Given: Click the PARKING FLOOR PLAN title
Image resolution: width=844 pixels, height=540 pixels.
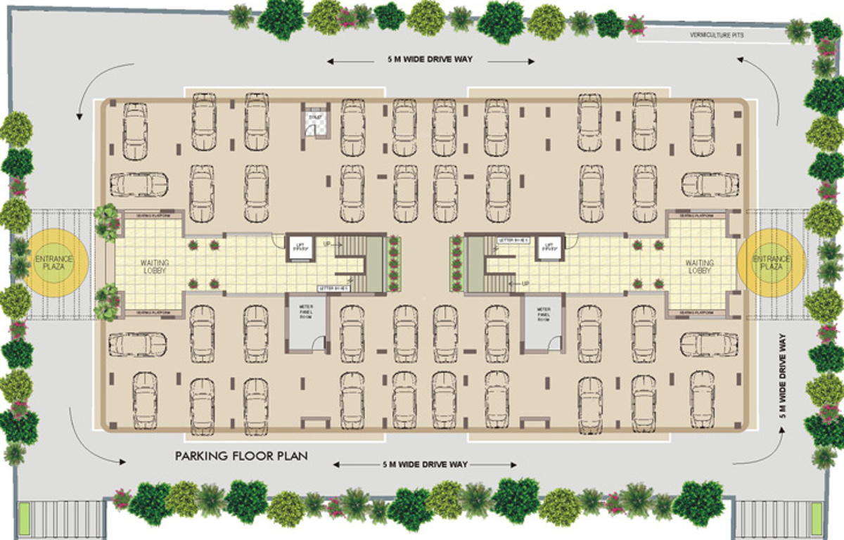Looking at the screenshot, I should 241,456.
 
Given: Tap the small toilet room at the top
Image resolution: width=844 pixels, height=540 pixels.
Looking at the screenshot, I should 311,122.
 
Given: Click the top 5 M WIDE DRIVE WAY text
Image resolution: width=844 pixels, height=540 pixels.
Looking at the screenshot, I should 429,60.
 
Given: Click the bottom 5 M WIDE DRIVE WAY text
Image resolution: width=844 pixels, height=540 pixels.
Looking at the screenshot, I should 426,465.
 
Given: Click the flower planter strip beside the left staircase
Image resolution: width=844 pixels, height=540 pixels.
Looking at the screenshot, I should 393,264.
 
